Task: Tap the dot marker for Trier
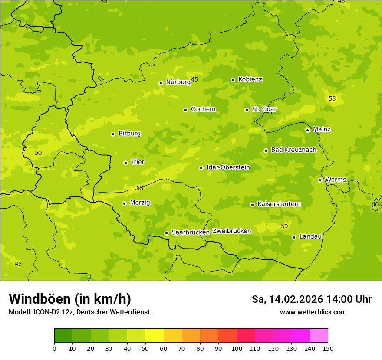tap(125, 163)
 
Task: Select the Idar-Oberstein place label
tap(228, 167)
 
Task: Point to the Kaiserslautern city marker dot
tap(252, 205)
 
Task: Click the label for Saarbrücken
tap(191, 232)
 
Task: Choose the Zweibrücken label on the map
tap(231, 231)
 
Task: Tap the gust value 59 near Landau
tap(284, 226)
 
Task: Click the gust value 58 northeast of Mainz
tap(332, 99)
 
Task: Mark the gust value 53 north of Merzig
tap(140, 188)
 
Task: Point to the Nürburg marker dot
tap(161, 83)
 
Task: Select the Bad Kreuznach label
tap(293, 150)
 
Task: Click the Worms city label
tap(336, 180)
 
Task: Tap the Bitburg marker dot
tap(113, 134)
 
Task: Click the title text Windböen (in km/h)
tap(70, 299)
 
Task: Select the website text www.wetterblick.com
tap(313, 312)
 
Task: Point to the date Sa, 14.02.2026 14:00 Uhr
tap(311, 299)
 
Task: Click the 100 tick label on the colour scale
tap(237, 348)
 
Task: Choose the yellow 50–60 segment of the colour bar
tap(155, 336)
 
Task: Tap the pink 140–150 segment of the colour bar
tap(319, 336)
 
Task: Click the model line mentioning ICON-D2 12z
tap(79, 312)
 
